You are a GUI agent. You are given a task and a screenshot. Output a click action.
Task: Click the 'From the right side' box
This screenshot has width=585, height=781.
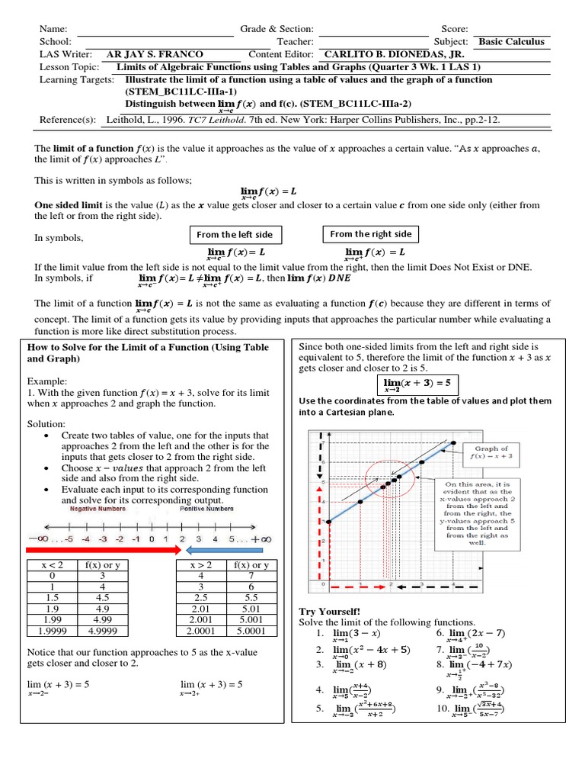370,234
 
